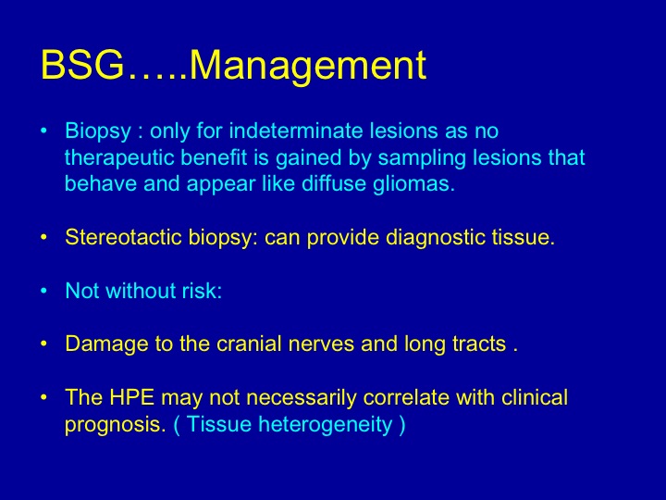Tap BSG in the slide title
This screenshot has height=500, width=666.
coord(82,65)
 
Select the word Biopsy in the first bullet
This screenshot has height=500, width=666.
coord(98,131)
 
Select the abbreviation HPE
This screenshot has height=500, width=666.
coord(131,397)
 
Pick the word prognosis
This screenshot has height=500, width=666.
coord(115,425)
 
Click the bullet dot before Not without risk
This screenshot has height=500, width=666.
coord(43,292)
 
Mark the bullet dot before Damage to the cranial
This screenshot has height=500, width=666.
coord(43,344)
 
